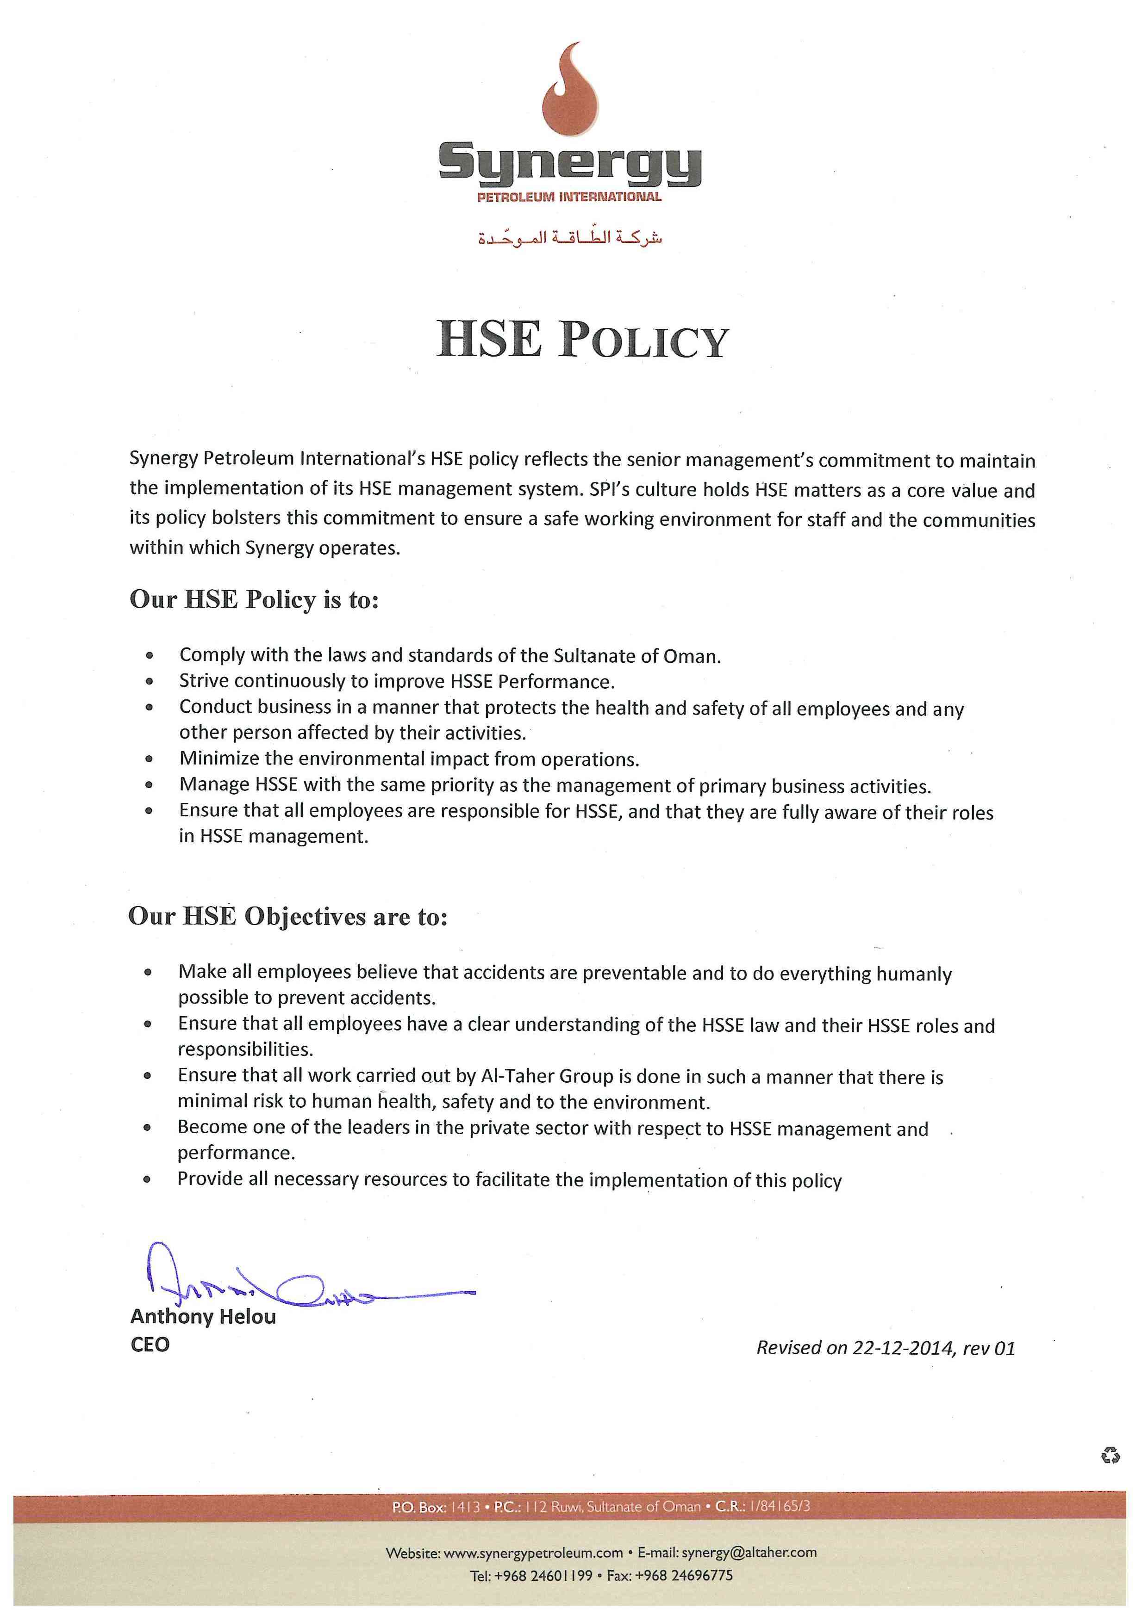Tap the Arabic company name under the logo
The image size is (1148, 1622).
pyautogui.click(x=570, y=239)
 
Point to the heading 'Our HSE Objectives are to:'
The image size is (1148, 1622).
pyautogui.click(x=288, y=916)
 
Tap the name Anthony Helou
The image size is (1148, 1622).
pyautogui.click(x=203, y=1317)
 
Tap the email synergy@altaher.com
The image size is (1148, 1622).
pyautogui.click(x=749, y=1553)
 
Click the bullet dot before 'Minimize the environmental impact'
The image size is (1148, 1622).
pyautogui.click(x=149, y=760)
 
